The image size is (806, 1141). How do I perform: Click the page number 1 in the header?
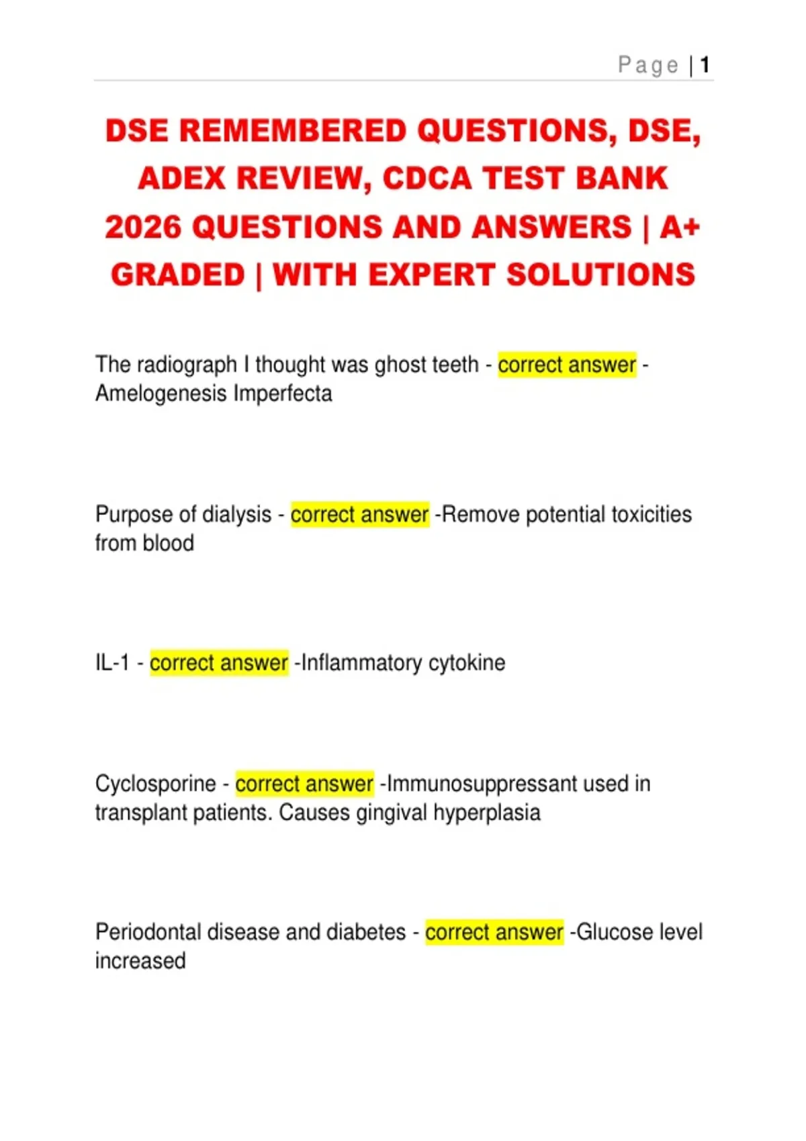click(705, 65)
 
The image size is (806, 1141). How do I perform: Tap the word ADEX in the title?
click(181, 179)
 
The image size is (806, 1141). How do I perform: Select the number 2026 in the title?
click(143, 227)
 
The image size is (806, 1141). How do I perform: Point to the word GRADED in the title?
click(178, 275)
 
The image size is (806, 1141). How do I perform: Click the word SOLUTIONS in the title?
click(600, 275)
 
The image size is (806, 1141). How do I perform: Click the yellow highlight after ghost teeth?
click(567, 364)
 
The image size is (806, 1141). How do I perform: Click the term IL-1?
click(112, 663)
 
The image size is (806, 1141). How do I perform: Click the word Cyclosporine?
click(156, 783)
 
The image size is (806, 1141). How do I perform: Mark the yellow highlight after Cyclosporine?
click(304, 783)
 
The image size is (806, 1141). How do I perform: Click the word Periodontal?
click(148, 932)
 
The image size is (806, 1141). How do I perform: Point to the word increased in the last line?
click(140, 961)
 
